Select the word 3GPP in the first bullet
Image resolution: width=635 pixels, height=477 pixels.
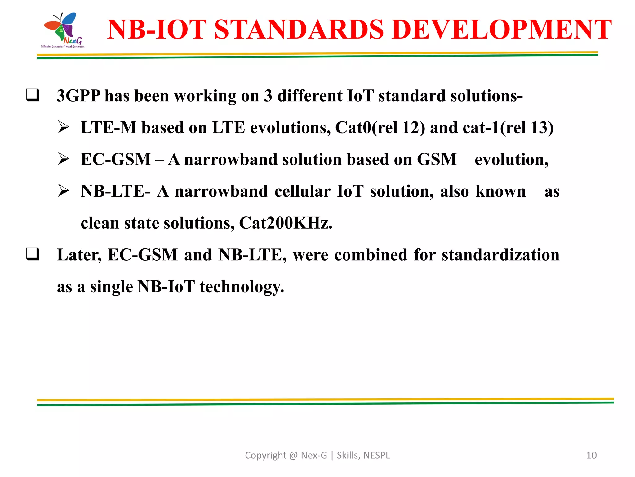click(x=78, y=96)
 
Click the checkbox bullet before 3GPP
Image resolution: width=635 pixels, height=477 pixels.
click(x=33, y=95)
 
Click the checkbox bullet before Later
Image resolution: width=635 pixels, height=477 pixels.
click(x=33, y=254)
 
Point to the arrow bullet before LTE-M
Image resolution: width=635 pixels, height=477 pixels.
click(x=64, y=127)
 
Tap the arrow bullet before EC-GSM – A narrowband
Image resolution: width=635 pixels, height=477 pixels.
click(x=64, y=159)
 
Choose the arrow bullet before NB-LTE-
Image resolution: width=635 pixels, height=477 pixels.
click(x=64, y=191)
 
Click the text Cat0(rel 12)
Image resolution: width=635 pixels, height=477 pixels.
click(x=380, y=128)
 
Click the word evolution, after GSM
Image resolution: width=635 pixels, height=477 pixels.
click(x=511, y=160)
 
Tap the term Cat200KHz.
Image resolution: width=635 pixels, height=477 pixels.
click(x=286, y=223)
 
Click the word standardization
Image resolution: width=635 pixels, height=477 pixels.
click(x=500, y=255)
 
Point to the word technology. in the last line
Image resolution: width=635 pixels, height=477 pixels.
click(x=242, y=287)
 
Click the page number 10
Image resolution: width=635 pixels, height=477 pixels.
click(x=591, y=455)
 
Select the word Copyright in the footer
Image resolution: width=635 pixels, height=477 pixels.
click(x=265, y=455)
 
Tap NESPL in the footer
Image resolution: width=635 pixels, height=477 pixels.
click(x=376, y=455)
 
